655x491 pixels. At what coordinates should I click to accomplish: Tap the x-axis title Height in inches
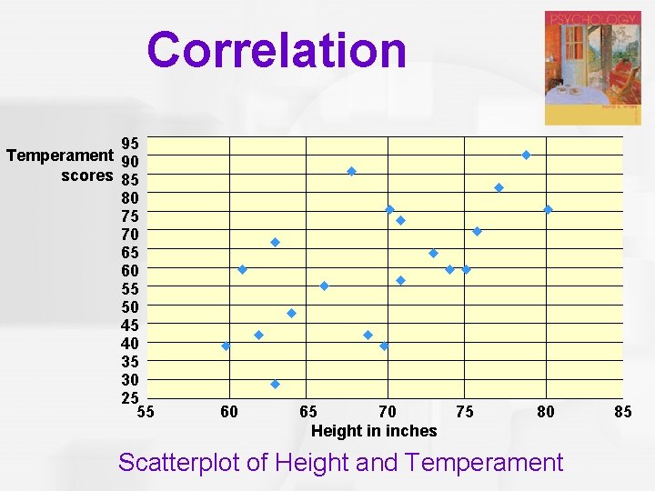point(374,431)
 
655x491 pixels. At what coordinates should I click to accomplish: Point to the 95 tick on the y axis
point(130,144)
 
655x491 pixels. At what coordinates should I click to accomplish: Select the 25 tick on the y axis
point(130,397)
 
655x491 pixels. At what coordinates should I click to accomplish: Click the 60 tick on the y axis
point(130,270)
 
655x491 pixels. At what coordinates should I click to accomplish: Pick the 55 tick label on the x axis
point(146,412)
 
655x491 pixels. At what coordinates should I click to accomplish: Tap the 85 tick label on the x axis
point(623,412)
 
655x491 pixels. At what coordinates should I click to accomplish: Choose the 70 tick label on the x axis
point(388,412)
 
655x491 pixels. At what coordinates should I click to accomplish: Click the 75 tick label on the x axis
point(465,412)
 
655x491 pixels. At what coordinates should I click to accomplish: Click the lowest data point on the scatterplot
point(275,384)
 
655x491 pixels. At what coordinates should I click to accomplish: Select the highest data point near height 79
point(526,155)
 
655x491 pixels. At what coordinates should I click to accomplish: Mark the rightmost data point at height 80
point(548,209)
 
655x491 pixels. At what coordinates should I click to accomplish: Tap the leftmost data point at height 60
point(226,346)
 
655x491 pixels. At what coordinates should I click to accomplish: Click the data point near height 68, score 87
point(351,171)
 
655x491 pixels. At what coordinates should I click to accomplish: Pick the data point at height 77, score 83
point(499,187)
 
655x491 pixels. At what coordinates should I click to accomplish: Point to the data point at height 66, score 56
point(324,286)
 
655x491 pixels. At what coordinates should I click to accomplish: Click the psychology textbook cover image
point(592,68)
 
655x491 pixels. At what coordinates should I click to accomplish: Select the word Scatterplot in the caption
point(179,463)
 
